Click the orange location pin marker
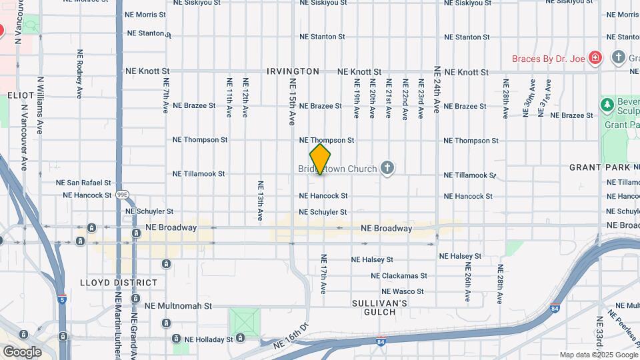(321, 159)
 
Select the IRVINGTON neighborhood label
(293, 71)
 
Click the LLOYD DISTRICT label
(119, 283)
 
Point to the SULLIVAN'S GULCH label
(379, 307)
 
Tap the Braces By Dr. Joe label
(548, 59)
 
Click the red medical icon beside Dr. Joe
(595, 58)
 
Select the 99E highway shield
(122, 195)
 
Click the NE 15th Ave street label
(292, 102)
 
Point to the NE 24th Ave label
(437, 90)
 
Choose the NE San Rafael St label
(83, 181)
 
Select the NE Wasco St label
(402, 291)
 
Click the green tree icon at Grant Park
(607, 105)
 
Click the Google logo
(23, 351)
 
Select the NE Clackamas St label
(399, 275)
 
